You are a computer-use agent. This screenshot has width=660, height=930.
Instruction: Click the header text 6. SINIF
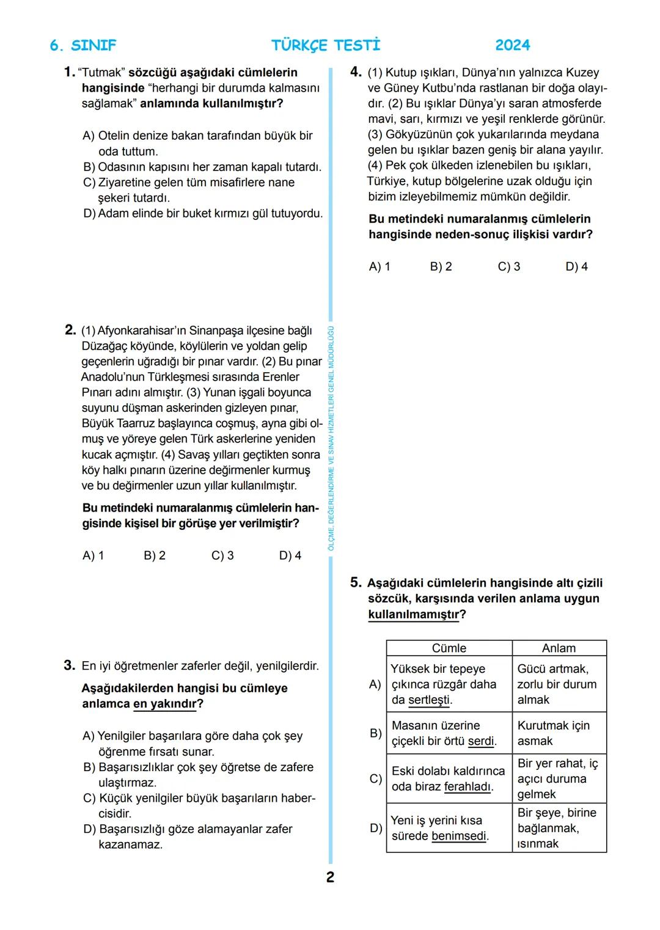82,45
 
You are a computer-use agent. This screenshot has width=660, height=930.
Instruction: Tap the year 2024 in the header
512,45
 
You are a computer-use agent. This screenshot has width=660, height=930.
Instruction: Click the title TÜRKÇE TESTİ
326,45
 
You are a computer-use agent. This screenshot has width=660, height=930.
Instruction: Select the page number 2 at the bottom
330,877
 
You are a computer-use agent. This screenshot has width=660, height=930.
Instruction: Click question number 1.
69,72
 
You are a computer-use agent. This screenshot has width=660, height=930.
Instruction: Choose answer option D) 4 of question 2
290,555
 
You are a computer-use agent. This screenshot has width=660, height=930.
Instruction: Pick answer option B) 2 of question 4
441,266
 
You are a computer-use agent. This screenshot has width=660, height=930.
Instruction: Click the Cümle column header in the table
449,648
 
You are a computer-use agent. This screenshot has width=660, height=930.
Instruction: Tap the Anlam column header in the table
559,648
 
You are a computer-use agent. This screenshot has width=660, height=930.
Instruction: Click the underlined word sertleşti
429,700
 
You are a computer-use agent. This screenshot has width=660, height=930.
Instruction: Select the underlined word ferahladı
468,787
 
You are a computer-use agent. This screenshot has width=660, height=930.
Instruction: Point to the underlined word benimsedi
459,837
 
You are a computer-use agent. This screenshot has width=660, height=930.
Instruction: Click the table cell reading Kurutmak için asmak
553,733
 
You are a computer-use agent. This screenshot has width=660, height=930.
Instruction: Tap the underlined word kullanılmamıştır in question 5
413,615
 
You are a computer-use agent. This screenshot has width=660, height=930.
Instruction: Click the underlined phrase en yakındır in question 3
164,704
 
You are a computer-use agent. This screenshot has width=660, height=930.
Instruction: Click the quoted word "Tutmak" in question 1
101,73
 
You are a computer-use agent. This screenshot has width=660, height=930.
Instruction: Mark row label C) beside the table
376,779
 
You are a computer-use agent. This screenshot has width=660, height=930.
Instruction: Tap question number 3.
69,665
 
